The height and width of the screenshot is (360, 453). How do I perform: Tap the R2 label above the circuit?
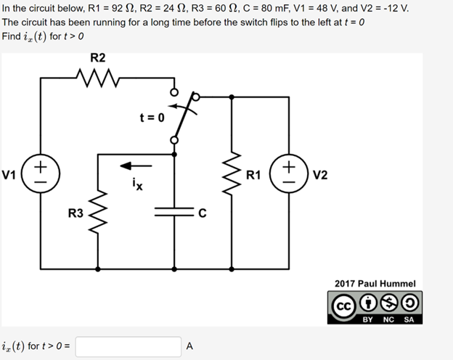97,57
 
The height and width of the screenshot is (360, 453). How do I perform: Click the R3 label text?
75,213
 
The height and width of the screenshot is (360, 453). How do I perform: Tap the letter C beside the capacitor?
203,213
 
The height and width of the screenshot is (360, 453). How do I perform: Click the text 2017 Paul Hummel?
375,283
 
